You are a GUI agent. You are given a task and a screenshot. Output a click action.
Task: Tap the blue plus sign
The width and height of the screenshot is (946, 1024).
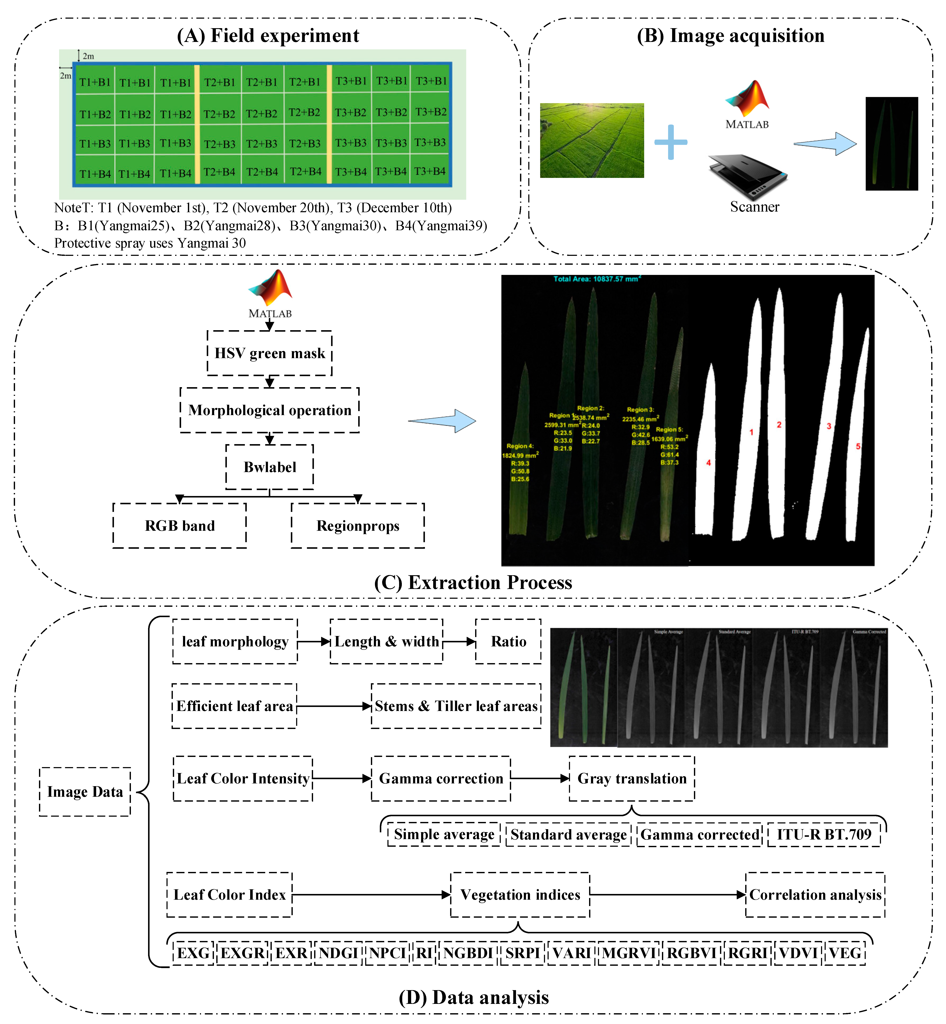point(671,142)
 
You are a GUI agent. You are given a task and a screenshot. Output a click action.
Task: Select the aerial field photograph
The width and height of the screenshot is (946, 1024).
point(592,140)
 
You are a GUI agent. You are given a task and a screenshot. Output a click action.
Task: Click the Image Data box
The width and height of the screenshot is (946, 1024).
point(85,792)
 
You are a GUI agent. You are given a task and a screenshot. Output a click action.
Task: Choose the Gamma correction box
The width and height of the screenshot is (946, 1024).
point(441,778)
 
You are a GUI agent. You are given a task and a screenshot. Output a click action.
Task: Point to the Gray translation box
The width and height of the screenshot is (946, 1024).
point(632,778)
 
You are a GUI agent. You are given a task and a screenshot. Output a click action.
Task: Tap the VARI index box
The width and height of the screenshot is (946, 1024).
point(571,953)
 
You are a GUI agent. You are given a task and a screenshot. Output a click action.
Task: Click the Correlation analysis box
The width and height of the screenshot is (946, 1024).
point(815,895)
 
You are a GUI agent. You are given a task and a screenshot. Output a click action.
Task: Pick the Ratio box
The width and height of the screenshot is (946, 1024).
point(508,641)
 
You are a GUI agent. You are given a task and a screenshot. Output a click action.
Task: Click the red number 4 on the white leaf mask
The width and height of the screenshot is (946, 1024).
point(709,463)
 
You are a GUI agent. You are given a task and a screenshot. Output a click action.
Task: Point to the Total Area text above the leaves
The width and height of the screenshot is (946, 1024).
point(597,279)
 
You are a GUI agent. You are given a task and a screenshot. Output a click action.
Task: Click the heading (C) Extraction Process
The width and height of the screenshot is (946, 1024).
point(473,582)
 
